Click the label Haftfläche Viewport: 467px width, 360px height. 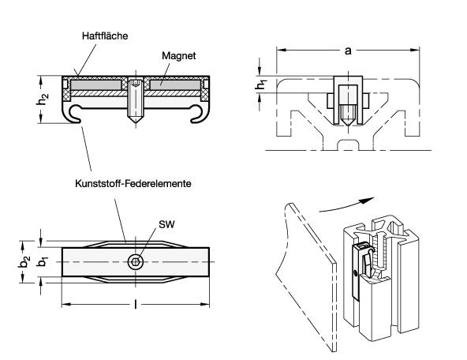[x=106, y=36]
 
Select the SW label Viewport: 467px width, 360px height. [x=166, y=225]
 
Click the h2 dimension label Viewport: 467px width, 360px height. [x=44, y=99]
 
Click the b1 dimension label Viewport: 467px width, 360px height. [x=44, y=261]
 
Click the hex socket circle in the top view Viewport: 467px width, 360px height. [x=136, y=261]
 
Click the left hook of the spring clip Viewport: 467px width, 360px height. [x=72, y=114]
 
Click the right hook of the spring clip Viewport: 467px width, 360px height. [x=200, y=114]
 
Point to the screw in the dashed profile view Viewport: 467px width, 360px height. [x=348, y=103]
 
